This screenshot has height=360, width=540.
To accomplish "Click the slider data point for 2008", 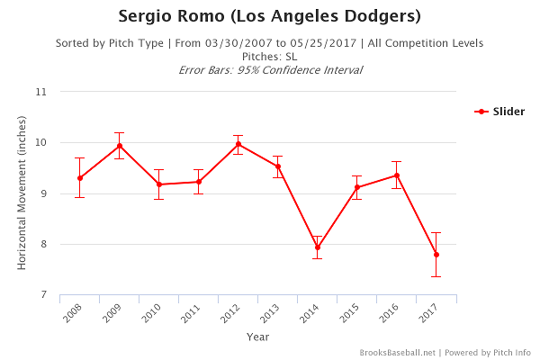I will tap(80, 178).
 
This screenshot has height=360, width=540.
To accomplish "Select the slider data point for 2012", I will tap(238, 144).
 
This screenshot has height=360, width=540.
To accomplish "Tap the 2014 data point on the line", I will tap(318, 247).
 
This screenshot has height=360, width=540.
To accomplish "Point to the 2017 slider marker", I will tap(436, 255).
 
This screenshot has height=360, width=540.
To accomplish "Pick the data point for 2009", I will tap(120, 146).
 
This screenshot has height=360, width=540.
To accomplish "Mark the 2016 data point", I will tap(397, 175).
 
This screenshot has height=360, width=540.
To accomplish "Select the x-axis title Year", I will tap(257, 337).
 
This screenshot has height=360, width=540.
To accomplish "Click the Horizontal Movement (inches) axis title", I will tap(22, 193).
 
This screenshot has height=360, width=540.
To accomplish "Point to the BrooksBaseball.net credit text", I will tap(397, 353).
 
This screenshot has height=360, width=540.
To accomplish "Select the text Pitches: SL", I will tap(269, 56).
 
